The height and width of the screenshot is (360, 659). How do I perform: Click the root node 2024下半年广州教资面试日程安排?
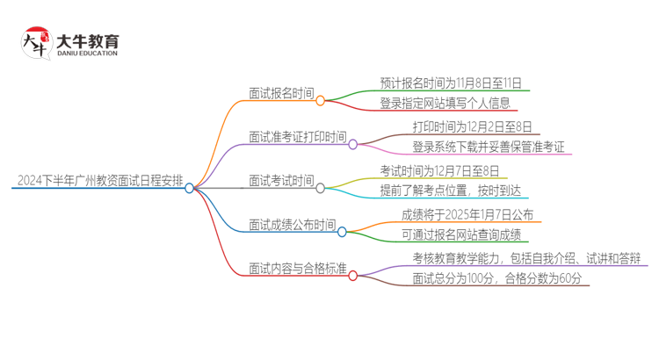[x=99, y=183]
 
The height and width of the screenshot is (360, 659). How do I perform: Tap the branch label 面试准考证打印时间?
[x=298, y=138]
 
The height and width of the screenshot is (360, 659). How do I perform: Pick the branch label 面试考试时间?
[x=281, y=182]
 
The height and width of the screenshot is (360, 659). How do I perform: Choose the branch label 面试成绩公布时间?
[x=292, y=226]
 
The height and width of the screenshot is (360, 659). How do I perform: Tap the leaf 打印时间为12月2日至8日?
[x=471, y=127]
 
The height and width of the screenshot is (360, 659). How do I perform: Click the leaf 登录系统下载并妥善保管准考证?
[x=489, y=147]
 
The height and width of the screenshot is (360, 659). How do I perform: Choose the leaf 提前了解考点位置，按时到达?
[x=450, y=191]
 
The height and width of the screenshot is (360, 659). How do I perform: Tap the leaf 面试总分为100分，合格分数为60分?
[x=497, y=278]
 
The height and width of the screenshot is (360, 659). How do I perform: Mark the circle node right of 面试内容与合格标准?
[x=353, y=275]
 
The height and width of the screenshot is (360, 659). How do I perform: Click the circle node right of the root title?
[x=190, y=188]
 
